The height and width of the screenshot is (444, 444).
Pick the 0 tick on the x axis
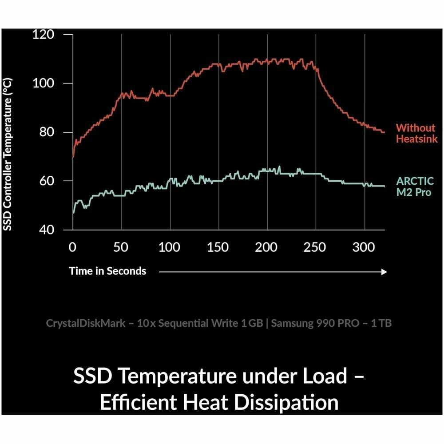tap(73, 247)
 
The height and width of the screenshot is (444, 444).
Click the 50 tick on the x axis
tap(121, 247)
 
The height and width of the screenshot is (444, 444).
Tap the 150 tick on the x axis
tap(218, 247)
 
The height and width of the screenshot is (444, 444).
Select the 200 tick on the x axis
tap(267, 247)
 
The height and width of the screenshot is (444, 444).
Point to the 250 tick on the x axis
tap(316, 247)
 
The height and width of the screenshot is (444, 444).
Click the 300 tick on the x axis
tap(364, 247)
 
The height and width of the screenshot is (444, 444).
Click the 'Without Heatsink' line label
tap(416, 134)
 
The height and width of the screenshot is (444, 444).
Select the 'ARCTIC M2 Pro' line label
tap(413, 187)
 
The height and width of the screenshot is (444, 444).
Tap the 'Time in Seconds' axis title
tap(107, 271)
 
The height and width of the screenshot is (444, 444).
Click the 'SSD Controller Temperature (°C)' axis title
tap(8, 153)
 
